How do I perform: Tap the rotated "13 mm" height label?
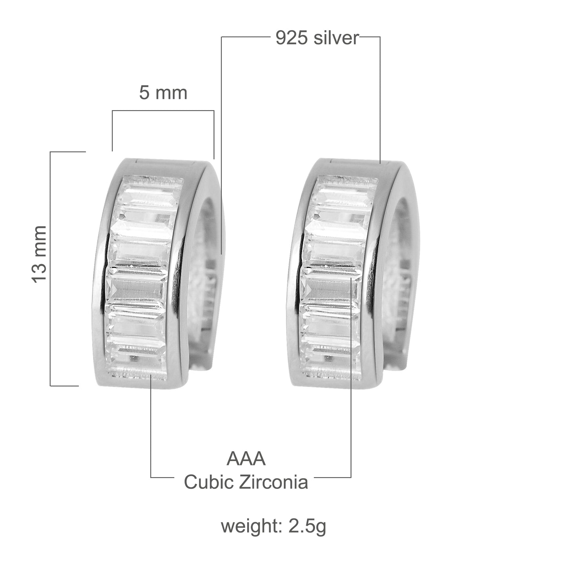(39, 255)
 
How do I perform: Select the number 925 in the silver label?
(292, 38)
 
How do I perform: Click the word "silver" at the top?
(336, 38)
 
